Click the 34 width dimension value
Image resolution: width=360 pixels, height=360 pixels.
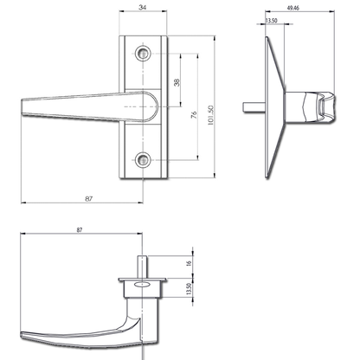143,8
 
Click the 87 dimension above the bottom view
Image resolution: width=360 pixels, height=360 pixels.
80,231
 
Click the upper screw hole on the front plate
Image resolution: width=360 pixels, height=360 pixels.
143,54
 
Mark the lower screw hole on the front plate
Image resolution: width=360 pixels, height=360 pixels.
143,160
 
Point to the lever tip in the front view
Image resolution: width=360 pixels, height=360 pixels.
23,107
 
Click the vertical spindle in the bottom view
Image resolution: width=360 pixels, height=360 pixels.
139,264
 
